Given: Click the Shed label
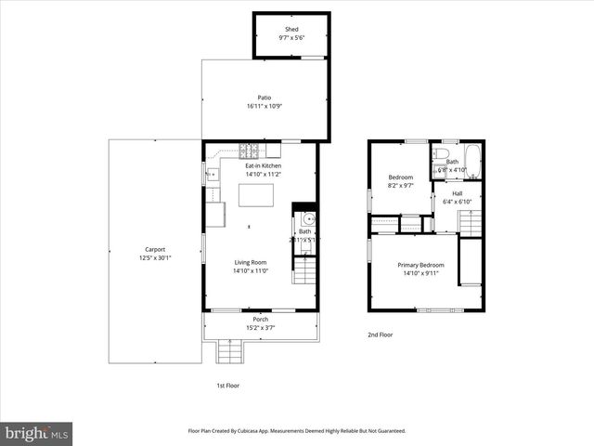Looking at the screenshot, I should (292, 29).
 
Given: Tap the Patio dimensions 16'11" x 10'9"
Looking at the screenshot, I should (265, 106).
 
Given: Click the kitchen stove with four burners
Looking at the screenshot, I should (250, 150).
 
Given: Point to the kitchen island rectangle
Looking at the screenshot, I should (257, 195).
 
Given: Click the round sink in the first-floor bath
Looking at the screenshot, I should (309, 219).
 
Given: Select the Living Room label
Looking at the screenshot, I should (251, 262).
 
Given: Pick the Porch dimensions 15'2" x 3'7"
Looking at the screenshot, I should (261, 327).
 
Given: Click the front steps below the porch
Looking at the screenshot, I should (230, 352).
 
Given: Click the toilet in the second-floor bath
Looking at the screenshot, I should (444, 152).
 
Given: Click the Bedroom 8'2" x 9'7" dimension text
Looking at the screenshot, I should (400, 185).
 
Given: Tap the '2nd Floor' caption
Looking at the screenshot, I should (380, 334).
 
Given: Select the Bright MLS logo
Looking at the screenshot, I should (37, 433).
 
